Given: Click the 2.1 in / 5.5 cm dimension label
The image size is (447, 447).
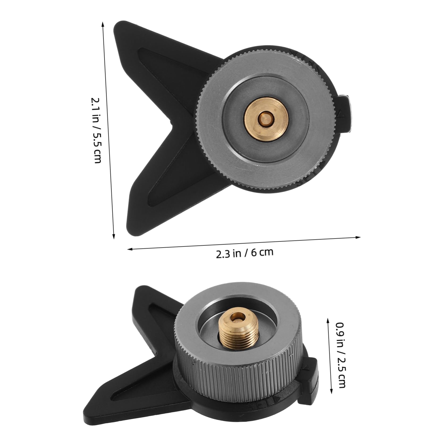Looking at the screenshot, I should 96,130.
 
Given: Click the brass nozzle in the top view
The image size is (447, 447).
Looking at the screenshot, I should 267,119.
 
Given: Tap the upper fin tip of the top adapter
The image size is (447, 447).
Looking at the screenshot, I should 117,27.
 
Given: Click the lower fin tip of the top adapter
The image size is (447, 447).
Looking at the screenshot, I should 130,234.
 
